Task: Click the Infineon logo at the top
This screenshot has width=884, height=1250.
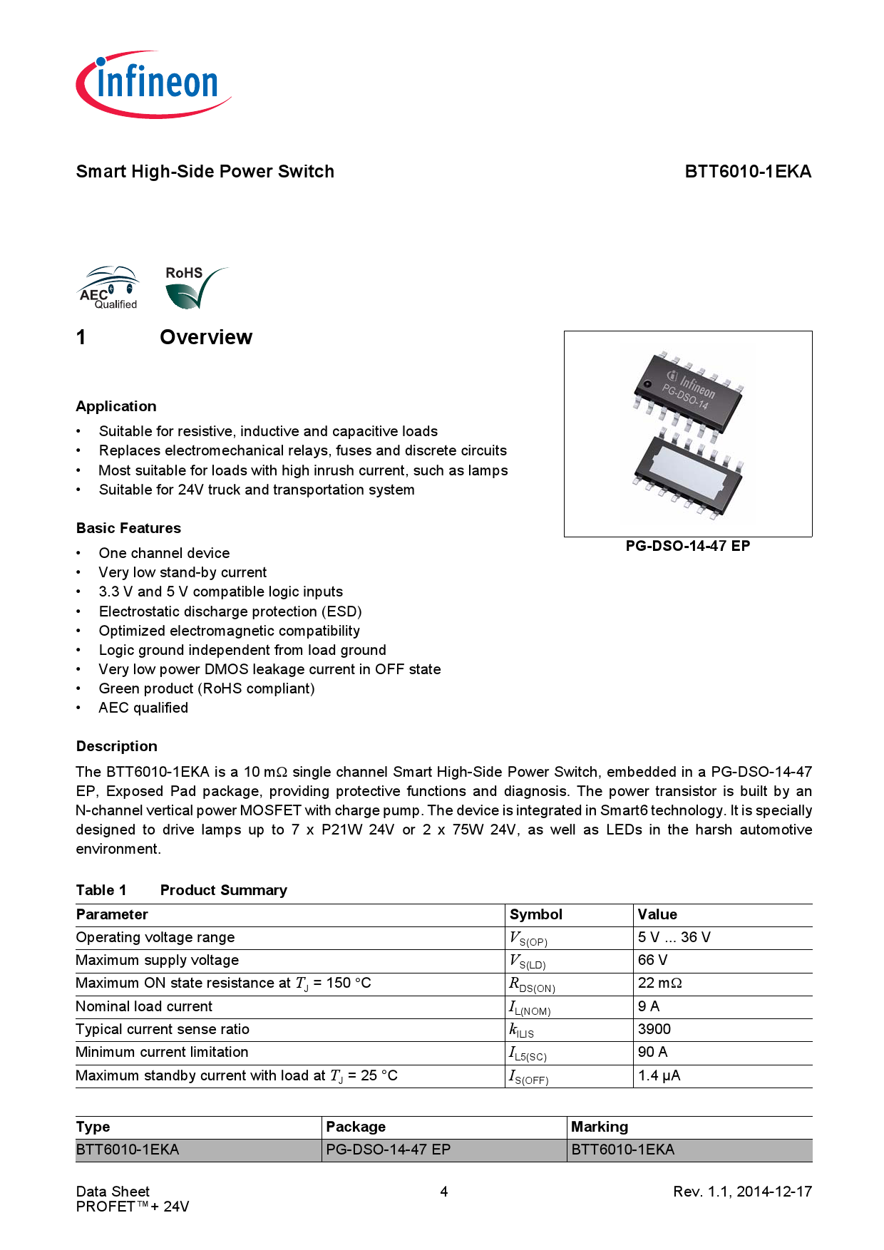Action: (153, 84)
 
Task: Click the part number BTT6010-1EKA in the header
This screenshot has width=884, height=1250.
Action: (747, 172)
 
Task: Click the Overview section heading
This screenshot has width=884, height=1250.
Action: (205, 337)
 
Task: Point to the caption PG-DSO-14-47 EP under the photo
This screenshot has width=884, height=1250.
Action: (687, 546)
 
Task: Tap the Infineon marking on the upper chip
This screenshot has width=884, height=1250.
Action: (692, 385)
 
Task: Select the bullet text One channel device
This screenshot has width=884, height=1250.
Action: (164, 553)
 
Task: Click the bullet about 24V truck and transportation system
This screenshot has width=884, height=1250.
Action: (257, 490)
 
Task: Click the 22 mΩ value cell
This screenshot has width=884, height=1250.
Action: (659, 983)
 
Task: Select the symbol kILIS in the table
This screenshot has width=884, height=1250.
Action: (521, 1030)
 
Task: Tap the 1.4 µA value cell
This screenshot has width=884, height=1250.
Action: (659, 1075)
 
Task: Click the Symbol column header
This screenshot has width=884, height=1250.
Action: (535, 914)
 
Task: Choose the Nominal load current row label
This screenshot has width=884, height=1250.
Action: (144, 1006)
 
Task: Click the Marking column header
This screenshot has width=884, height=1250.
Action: (599, 1127)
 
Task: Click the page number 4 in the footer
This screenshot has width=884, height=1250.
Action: (443, 1192)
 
